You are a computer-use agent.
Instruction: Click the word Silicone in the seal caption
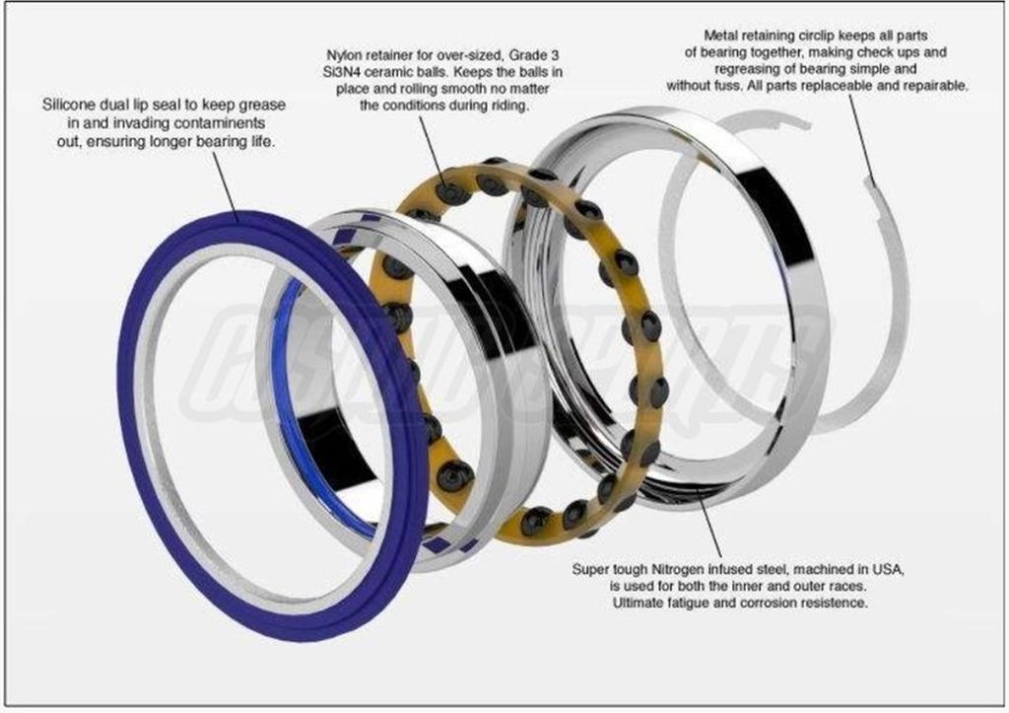[70, 105]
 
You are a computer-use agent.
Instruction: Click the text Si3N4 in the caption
[340, 72]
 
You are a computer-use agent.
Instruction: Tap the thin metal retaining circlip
[898, 309]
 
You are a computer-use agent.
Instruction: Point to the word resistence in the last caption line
[836, 603]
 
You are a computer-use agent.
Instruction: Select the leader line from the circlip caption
[861, 137]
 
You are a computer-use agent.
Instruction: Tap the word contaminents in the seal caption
[220, 123]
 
